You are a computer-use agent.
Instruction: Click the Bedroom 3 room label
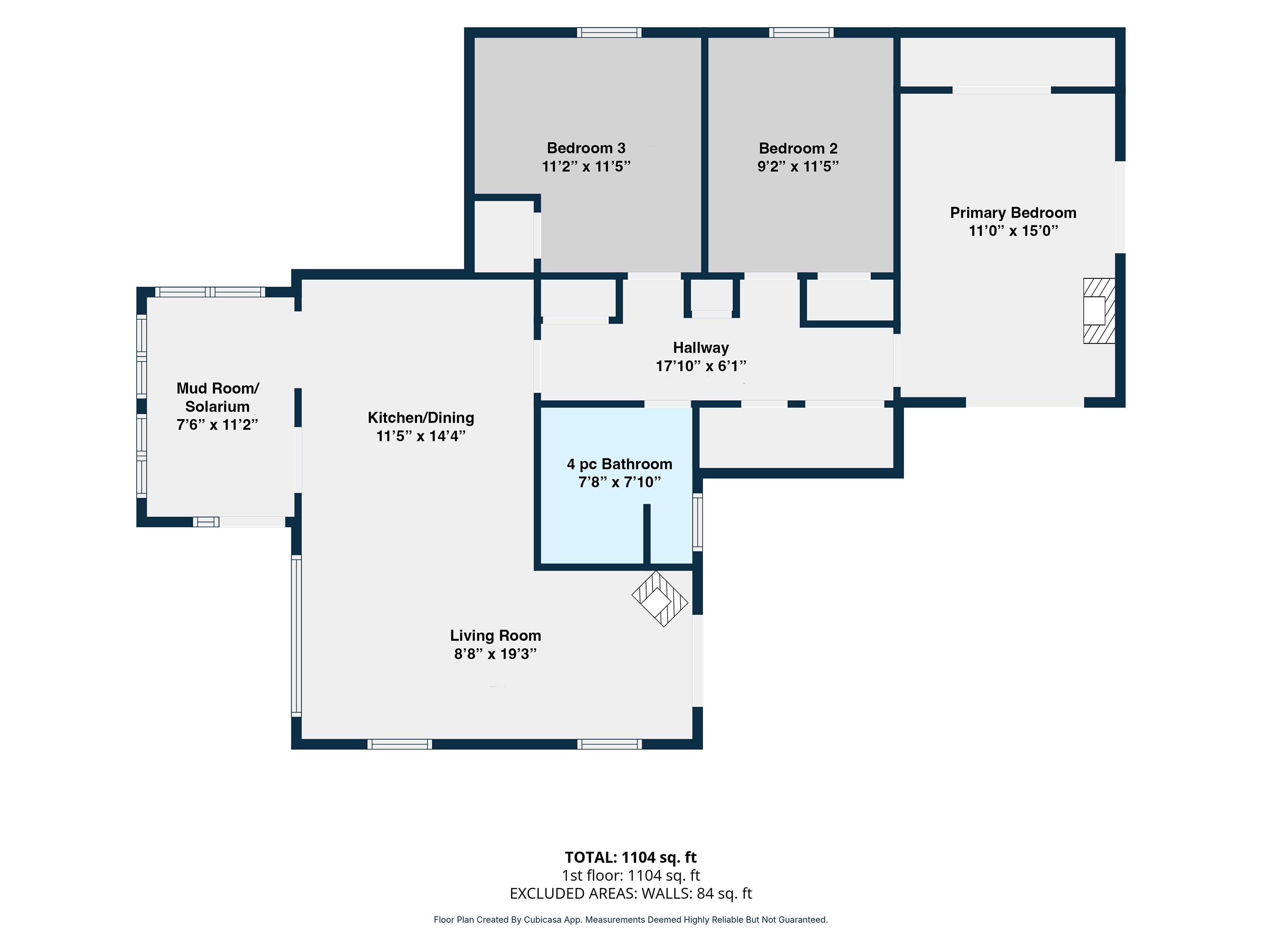click(x=586, y=148)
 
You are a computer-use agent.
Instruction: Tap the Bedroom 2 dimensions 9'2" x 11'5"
click(x=798, y=166)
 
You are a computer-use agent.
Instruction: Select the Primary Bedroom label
click(x=1013, y=213)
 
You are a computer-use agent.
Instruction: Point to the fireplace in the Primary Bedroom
click(x=1099, y=311)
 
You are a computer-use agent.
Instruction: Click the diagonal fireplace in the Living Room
click(x=660, y=599)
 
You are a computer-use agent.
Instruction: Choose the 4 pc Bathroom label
click(x=620, y=464)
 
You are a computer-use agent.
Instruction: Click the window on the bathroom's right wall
click(x=697, y=522)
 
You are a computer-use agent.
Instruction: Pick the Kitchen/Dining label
click(x=421, y=418)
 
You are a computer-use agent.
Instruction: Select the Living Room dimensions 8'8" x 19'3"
click(x=495, y=654)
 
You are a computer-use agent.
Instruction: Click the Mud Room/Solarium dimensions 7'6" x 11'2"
click(x=217, y=425)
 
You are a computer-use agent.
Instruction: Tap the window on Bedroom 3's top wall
click(x=609, y=32)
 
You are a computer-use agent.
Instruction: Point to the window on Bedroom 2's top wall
click(x=801, y=32)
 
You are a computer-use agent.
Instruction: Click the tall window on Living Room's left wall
click(x=296, y=636)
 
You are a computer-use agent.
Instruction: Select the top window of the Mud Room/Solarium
click(x=210, y=292)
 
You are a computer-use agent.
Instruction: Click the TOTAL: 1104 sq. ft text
click(x=631, y=858)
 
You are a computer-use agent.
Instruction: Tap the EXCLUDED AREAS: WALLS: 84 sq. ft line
click(x=631, y=893)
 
